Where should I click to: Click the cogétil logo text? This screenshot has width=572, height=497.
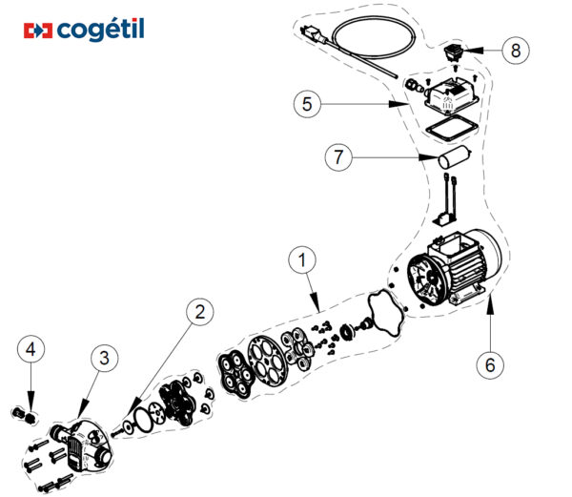point(99,31)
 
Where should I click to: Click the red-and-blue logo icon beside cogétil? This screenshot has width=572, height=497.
point(37,31)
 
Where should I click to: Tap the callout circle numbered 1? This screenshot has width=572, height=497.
point(302,259)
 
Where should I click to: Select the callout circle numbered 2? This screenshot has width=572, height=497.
point(198,312)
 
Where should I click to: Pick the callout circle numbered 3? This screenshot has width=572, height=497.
point(105,359)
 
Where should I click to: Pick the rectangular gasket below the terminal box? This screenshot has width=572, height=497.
point(449,129)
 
